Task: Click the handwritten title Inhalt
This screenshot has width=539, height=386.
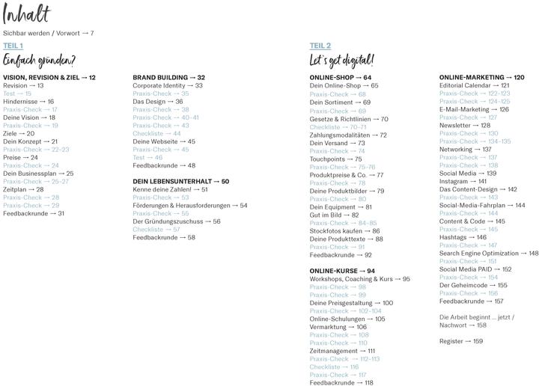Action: click(x=27, y=14)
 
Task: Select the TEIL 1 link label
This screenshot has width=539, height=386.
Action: click(x=13, y=46)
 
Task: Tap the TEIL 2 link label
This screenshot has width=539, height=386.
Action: click(x=320, y=46)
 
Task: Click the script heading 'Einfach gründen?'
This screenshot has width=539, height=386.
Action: click(x=39, y=61)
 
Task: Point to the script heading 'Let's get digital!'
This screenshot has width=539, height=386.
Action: click(x=342, y=61)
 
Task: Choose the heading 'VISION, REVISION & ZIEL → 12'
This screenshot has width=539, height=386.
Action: click(x=49, y=78)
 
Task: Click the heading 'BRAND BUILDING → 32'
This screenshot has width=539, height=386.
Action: click(x=168, y=78)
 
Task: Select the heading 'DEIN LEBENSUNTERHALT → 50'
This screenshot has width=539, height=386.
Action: click(x=181, y=182)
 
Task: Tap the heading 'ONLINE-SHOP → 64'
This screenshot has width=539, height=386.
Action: click(x=341, y=78)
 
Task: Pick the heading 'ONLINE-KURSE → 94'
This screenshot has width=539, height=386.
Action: click(x=342, y=271)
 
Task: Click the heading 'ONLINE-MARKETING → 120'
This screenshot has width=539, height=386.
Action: click(x=481, y=78)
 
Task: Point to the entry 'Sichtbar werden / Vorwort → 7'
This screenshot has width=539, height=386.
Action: click(x=48, y=34)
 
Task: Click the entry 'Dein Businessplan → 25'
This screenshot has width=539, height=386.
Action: click(x=38, y=174)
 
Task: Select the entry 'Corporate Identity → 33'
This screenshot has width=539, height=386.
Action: click(x=168, y=86)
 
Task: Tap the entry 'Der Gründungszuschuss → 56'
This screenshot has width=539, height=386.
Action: click(x=177, y=221)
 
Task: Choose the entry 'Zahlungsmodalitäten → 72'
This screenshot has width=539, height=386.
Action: click(x=348, y=135)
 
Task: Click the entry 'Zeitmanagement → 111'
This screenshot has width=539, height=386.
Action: click(x=342, y=351)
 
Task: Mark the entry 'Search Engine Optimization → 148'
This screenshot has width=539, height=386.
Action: click(x=488, y=254)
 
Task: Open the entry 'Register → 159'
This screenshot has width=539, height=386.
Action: click(x=460, y=341)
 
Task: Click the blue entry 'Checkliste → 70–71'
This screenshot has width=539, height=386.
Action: click(x=338, y=127)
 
